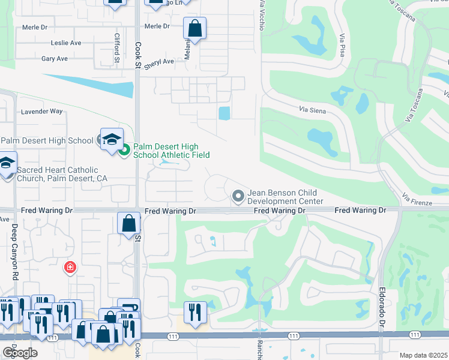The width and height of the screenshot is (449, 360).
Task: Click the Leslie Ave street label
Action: point(66,43)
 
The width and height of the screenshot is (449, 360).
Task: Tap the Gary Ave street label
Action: point(54,59)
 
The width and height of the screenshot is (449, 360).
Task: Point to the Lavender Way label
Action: point(41,112)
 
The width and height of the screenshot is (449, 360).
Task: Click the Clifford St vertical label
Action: point(118,48)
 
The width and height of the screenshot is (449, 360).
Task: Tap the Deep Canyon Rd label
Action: point(15,251)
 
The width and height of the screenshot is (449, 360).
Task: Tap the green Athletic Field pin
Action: point(124,150)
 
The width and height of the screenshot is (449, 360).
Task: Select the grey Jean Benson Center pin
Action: point(238,195)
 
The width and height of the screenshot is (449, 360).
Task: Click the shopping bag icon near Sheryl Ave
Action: point(194,28)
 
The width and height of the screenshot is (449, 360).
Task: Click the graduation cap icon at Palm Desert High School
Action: point(111,139)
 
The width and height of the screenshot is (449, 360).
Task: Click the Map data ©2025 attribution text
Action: point(423,355)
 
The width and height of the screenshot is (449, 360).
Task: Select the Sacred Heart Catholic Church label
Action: point(57,175)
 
